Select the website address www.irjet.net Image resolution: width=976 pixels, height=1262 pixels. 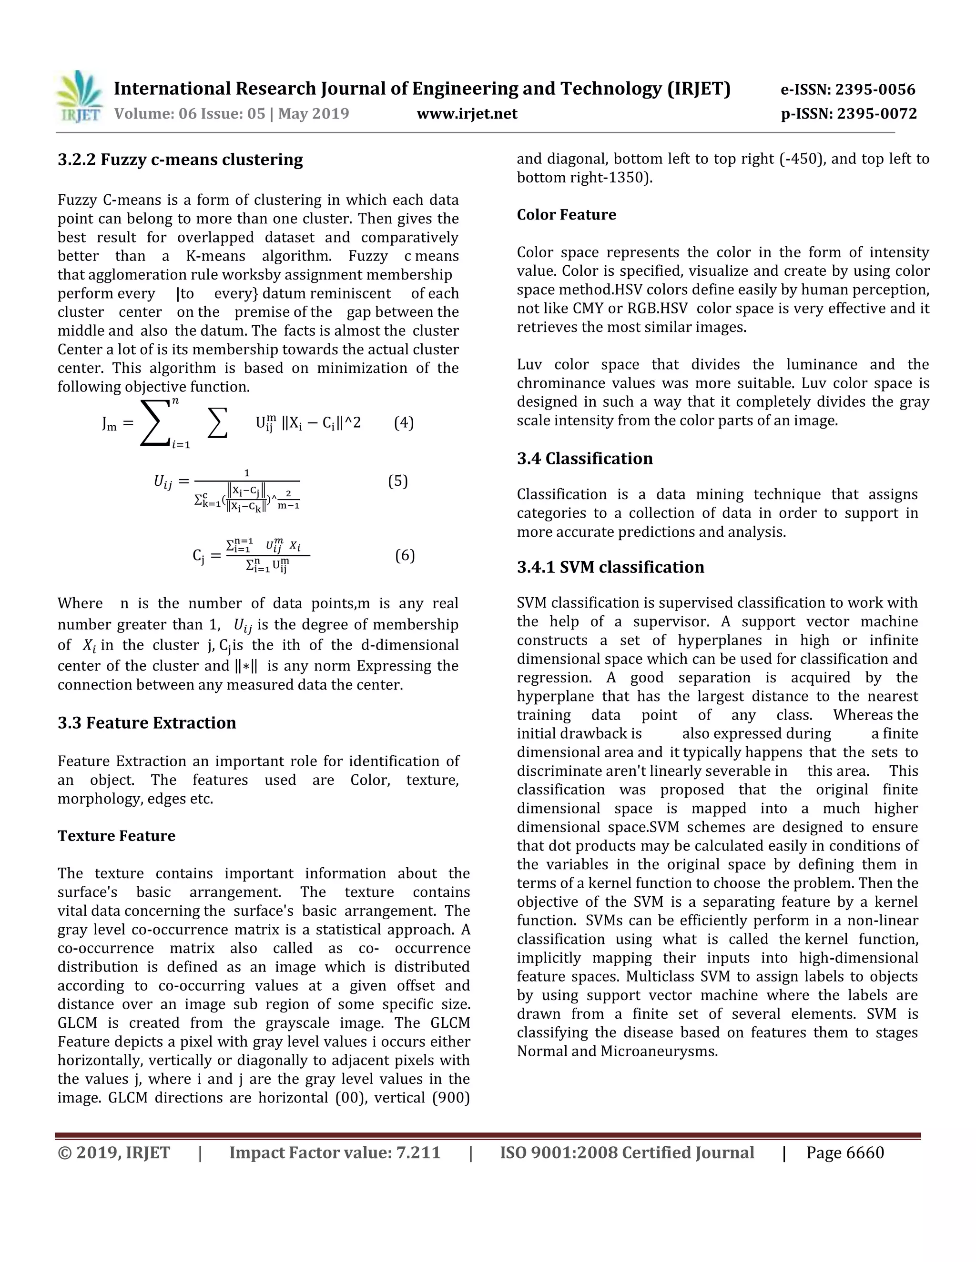pos(467,114)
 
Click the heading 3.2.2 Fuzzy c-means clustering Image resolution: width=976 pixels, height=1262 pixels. pos(180,160)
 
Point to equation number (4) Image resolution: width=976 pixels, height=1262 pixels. pos(404,423)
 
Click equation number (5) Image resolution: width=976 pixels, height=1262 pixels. pos(398,481)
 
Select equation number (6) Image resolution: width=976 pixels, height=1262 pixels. pos(405,555)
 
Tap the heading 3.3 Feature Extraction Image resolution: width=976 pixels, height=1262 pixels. pos(147,723)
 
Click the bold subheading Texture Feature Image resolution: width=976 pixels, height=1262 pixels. pos(116,836)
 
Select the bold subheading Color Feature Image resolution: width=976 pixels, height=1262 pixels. pos(566,215)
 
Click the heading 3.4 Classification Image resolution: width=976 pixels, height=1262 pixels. pos(585,459)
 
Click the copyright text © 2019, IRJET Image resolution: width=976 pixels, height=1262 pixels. pos(114,1153)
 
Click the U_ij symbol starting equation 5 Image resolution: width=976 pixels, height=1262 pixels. pos(163,481)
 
